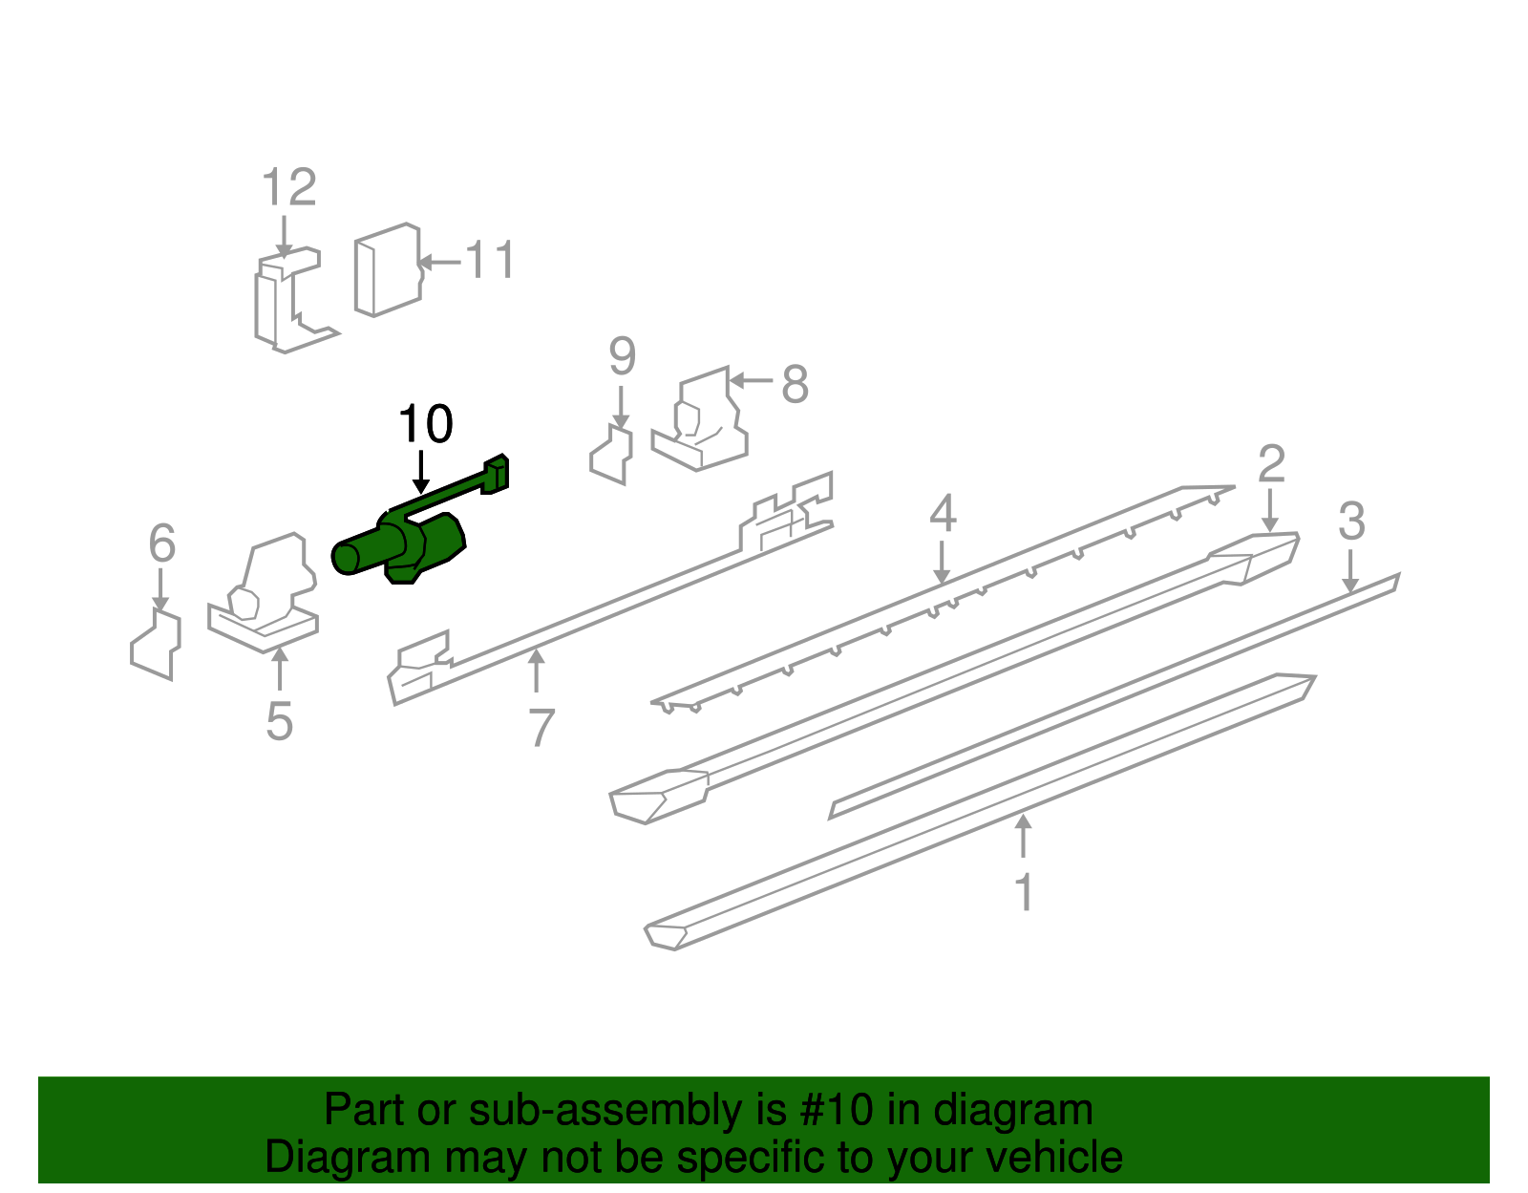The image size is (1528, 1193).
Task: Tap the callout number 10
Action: (x=425, y=425)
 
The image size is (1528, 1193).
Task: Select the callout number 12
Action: (x=288, y=187)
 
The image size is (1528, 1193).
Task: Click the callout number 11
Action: (x=490, y=261)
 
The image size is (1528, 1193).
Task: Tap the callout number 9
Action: (x=622, y=357)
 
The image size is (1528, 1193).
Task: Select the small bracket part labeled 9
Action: (x=612, y=456)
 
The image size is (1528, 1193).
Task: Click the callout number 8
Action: (x=795, y=385)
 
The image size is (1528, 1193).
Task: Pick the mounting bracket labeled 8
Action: (x=702, y=425)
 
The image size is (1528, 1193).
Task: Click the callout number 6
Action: (x=162, y=543)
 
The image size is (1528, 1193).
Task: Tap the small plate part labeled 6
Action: (x=156, y=645)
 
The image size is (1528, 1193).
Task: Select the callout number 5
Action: (x=279, y=721)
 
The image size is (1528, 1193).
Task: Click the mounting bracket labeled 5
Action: (x=263, y=597)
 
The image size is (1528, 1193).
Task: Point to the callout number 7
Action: (x=541, y=728)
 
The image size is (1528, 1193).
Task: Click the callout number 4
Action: (x=943, y=514)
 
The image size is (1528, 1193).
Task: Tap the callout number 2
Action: (x=1271, y=464)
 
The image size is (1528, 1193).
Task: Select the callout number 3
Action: (x=1351, y=522)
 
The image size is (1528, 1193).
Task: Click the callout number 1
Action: (x=1024, y=893)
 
